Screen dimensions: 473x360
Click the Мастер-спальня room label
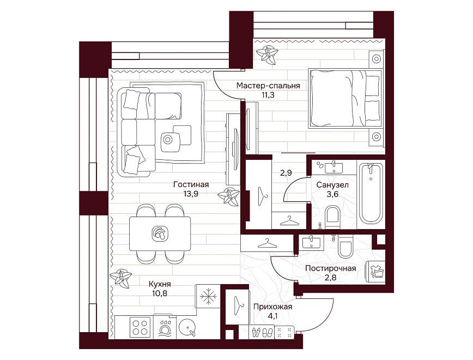click(268, 86)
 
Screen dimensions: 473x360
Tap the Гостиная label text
click(191, 184)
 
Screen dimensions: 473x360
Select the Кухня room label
click(160, 284)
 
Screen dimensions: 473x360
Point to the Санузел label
click(332, 185)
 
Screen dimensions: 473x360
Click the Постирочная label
click(331, 268)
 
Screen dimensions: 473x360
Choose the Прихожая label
click(272, 307)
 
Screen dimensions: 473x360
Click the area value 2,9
click(286, 173)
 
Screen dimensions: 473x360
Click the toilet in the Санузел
click(333, 217)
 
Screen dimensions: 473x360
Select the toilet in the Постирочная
click(345, 246)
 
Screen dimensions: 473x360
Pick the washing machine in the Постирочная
click(375, 272)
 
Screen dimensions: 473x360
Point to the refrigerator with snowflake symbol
click(207, 296)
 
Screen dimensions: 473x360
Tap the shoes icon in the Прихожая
click(262, 333)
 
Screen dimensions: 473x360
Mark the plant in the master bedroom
click(266, 55)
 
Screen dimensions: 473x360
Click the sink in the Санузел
click(334, 167)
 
